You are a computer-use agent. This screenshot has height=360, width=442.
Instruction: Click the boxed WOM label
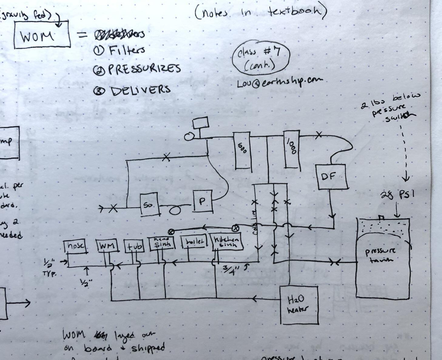[42, 35]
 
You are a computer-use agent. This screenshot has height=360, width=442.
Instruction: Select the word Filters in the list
[127, 50]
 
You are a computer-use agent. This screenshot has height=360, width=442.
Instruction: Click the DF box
[331, 177]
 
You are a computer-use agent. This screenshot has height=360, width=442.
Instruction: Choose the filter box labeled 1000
[292, 149]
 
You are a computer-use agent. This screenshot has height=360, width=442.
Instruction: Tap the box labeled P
[203, 201]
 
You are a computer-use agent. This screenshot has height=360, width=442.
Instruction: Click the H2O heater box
[299, 304]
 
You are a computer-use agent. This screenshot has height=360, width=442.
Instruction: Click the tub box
[134, 246]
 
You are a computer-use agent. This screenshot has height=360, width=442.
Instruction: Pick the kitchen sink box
[227, 242]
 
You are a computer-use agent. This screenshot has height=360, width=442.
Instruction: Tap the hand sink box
[162, 243]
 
